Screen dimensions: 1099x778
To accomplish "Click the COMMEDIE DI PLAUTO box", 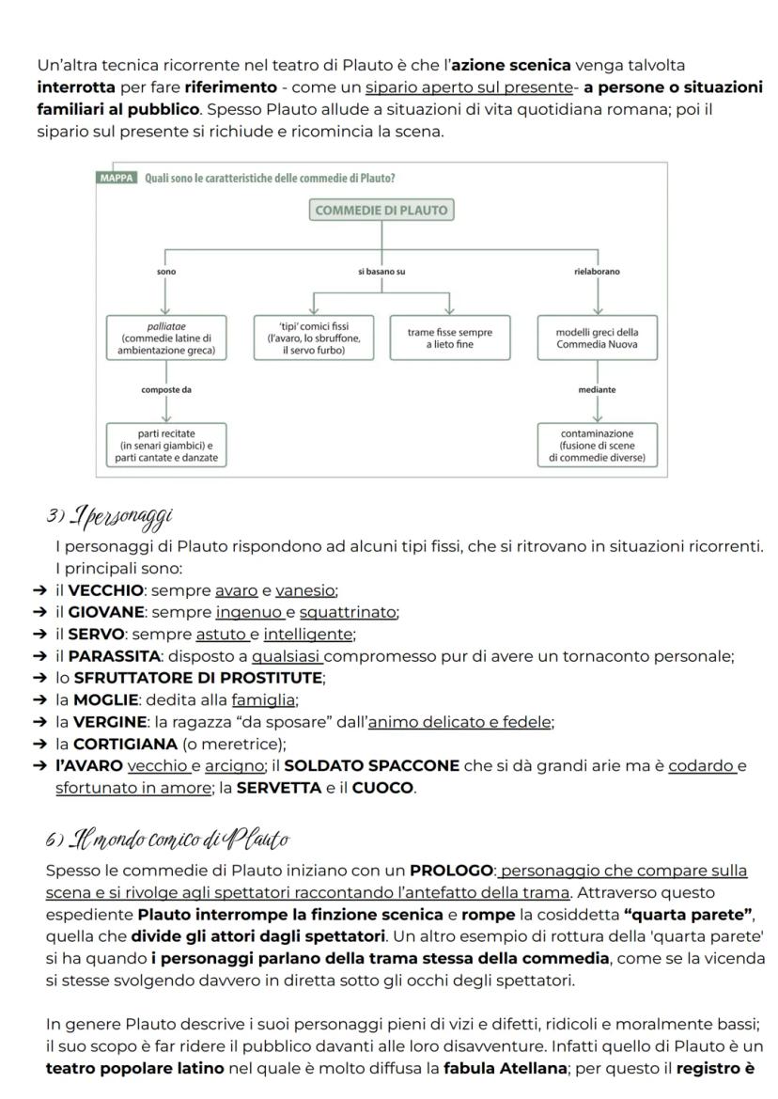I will tap(381, 210).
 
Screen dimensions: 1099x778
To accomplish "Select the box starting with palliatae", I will tap(165, 338).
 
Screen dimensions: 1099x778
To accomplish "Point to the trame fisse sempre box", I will tap(450, 338).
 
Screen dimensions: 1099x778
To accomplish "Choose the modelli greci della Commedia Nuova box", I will tap(598, 338).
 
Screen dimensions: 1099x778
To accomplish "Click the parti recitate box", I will tap(165, 445).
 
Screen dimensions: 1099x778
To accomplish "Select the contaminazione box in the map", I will tap(598, 445).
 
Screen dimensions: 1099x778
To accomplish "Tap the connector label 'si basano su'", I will tap(381, 271).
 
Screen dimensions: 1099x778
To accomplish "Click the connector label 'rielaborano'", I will tap(598, 271).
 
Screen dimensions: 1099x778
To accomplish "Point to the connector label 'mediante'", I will tap(598, 388).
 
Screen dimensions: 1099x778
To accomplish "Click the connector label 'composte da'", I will tap(166, 388).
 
